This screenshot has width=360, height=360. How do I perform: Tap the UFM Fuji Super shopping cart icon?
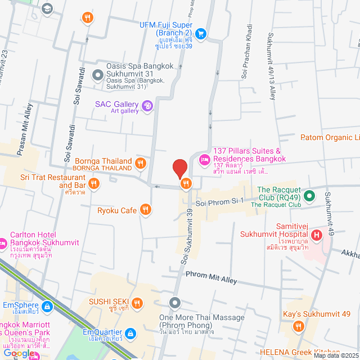201,33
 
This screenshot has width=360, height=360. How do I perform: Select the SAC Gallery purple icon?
147,105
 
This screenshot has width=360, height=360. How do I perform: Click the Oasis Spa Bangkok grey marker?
97,73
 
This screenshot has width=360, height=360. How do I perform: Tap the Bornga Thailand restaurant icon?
141,164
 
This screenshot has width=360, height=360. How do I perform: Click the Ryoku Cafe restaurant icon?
146,210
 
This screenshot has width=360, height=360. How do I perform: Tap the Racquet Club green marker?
309,196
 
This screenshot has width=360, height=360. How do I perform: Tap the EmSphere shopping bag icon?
47,307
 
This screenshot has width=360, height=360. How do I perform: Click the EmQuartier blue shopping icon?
130,334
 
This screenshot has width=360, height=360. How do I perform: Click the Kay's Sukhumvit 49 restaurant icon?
298,325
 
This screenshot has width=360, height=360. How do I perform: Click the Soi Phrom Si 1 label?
219,201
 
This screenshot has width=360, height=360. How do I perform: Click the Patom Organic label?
330,137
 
